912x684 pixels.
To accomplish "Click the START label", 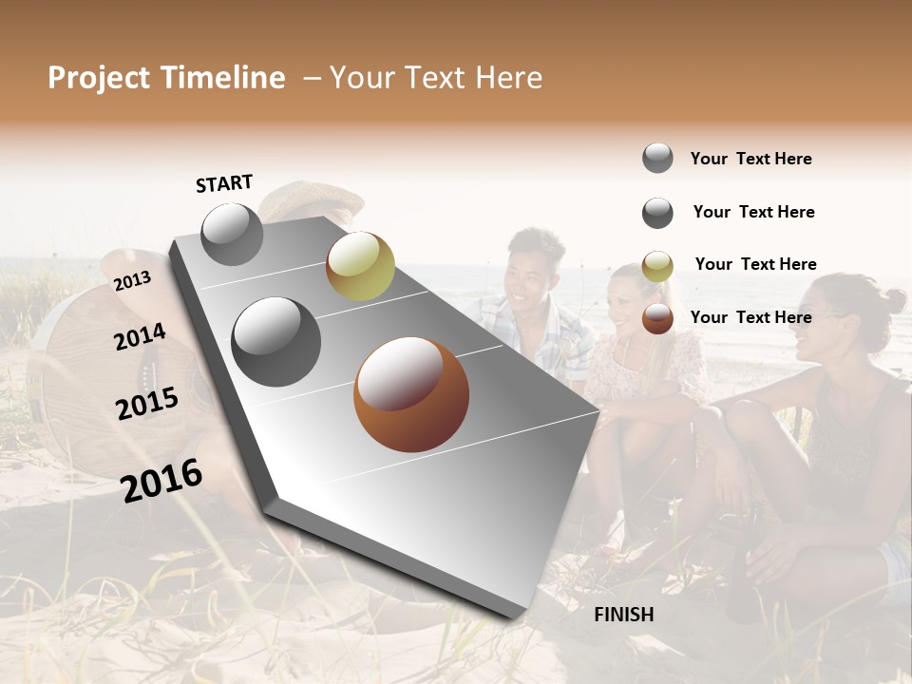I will click(x=224, y=183).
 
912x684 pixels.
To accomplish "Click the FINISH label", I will click(x=623, y=615).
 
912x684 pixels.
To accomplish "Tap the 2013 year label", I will click(x=132, y=281).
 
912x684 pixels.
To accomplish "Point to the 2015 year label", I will click(x=147, y=404).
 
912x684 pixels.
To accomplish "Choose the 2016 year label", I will click(x=161, y=481).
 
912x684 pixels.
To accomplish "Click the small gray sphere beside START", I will click(x=233, y=235).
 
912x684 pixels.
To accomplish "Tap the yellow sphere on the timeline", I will click(x=360, y=265).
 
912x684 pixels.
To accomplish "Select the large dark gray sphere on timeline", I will click(x=276, y=342).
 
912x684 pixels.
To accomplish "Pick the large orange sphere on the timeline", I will click(x=411, y=394).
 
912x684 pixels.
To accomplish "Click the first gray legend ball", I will click(x=657, y=158).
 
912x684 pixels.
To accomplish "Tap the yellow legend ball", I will click(x=657, y=266).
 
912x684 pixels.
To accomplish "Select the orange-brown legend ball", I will click(x=657, y=318).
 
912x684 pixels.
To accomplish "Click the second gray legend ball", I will click(x=657, y=213).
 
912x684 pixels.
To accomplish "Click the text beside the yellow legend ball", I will click(x=755, y=264).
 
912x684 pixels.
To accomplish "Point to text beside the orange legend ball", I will click(x=750, y=317).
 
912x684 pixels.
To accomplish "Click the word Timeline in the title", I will click(x=223, y=78).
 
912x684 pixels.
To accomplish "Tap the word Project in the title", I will click(x=100, y=78).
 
